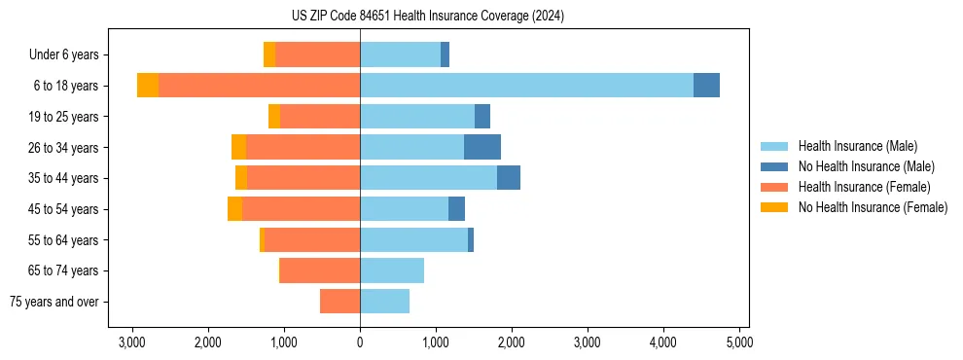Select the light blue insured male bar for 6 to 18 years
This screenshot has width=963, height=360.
(x=526, y=86)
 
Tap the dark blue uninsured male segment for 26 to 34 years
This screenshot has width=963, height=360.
(x=482, y=147)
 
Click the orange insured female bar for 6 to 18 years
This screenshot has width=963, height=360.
(x=259, y=86)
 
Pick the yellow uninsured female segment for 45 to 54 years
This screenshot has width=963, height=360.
(x=234, y=209)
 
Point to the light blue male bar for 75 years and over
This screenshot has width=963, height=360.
(x=385, y=302)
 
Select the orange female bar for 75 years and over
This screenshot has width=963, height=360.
(x=339, y=302)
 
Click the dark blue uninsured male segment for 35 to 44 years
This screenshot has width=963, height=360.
(x=509, y=178)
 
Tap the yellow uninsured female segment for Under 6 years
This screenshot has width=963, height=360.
(x=269, y=54)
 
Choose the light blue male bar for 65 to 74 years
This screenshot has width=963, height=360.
(x=392, y=270)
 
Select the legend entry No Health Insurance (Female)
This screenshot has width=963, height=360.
(x=872, y=207)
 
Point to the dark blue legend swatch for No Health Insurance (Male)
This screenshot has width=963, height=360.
(x=774, y=166)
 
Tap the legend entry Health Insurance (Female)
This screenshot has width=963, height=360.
(x=864, y=187)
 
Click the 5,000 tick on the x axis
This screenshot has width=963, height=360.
(x=738, y=342)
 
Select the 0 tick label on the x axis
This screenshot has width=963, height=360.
(x=360, y=342)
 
